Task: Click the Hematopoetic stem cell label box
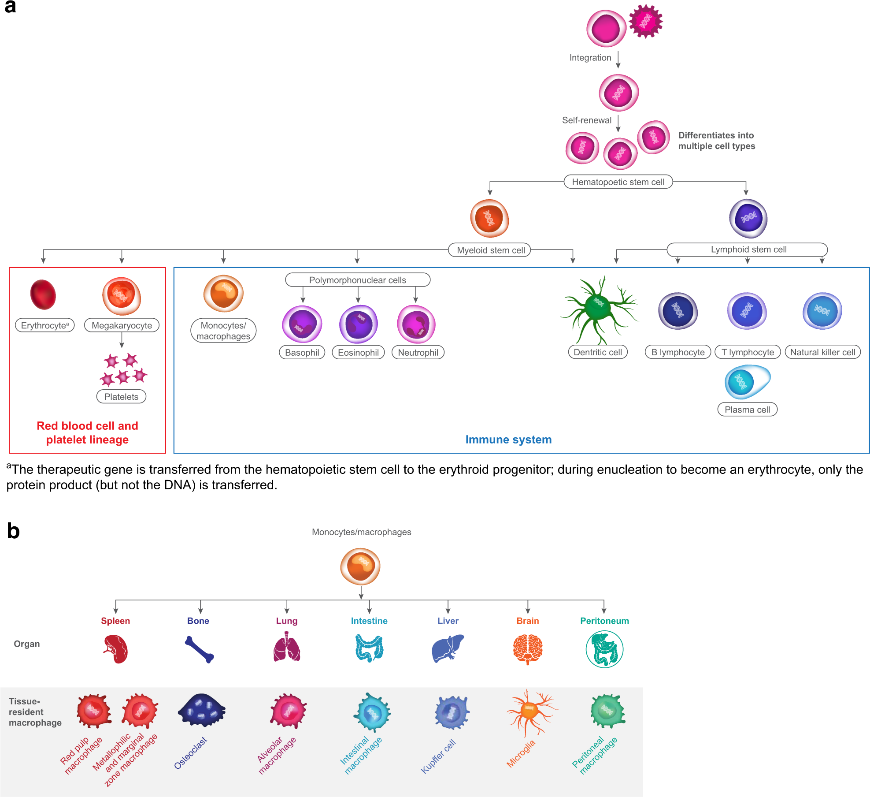pyautogui.click(x=618, y=182)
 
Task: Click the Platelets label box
pyautogui.click(x=121, y=396)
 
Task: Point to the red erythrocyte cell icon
pyautogui.click(x=43, y=294)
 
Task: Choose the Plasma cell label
pyautogui.click(x=747, y=410)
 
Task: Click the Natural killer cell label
pyautogui.click(x=822, y=352)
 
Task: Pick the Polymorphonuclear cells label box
pyautogui.click(x=357, y=280)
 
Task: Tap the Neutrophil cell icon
pyautogui.click(x=416, y=324)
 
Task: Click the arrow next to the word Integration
pyautogui.click(x=618, y=60)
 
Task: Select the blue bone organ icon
pyautogui.click(x=199, y=649)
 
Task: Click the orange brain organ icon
pyautogui.click(x=527, y=649)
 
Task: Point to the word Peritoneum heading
pyautogui.click(x=604, y=621)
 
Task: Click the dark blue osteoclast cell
pyautogui.click(x=201, y=710)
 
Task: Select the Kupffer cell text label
pyautogui.click(x=438, y=756)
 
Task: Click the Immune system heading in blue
pyautogui.click(x=508, y=439)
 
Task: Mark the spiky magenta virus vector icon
pyautogui.click(x=645, y=21)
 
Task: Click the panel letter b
pyautogui.click(x=13, y=531)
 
